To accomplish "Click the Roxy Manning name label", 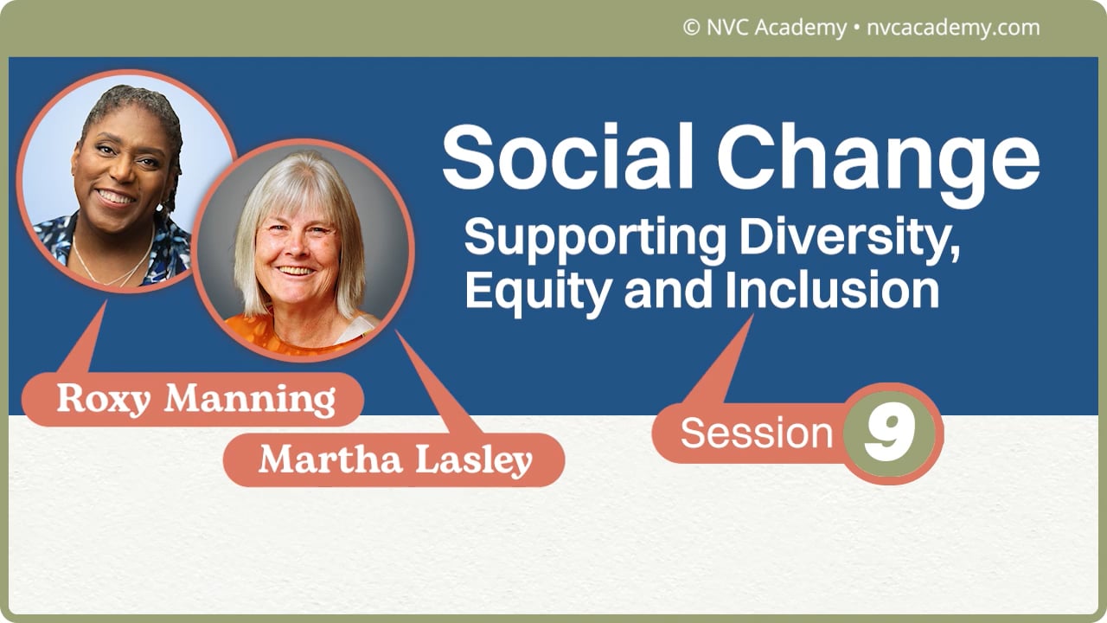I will [x=195, y=399].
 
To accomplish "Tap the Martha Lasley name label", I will [x=394, y=459].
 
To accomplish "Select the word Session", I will [x=756, y=433].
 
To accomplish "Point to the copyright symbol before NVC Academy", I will [x=690, y=28].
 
